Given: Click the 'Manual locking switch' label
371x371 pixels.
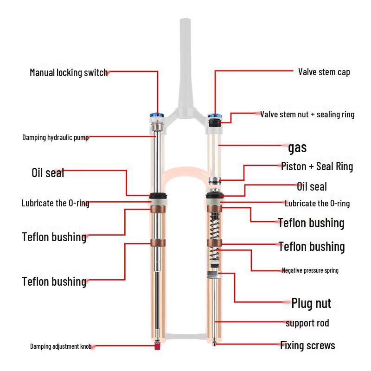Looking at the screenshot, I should pyautogui.click(x=69, y=72).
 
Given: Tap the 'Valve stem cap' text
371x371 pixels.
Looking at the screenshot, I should pyautogui.click(x=324, y=72).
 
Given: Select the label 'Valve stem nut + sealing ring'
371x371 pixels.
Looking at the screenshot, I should pyautogui.click(x=307, y=114).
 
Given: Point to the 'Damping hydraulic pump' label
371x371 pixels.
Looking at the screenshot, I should pyautogui.click(x=55, y=137).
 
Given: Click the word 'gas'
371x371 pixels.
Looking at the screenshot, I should pyautogui.click(x=297, y=148).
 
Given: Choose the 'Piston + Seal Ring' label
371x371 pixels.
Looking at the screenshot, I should pyautogui.click(x=317, y=166).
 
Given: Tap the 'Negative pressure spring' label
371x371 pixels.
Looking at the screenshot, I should pyautogui.click(x=310, y=270).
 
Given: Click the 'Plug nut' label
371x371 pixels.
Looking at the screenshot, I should pyautogui.click(x=311, y=303).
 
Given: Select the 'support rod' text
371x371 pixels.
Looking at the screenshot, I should pyautogui.click(x=307, y=323).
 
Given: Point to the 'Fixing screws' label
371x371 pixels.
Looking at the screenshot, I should pyautogui.click(x=307, y=345).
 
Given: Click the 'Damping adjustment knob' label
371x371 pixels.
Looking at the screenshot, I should pyautogui.click(x=61, y=346).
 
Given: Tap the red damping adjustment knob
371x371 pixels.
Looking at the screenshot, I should pyautogui.click(x=158, y=345).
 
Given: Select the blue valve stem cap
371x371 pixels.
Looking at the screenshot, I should pyautogui.click(x=214, y=115).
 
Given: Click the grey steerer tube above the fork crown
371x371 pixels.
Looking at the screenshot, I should pyautogui.click(x=185, y=60).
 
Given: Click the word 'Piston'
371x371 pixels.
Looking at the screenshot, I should pyautogui.click(x=294, y=166).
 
